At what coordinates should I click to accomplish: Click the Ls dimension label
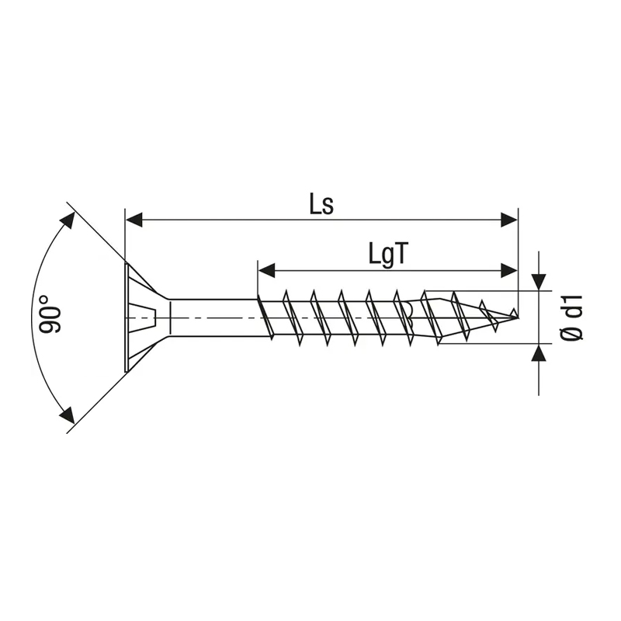[x=321, y=206]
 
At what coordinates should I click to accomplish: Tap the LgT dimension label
[x=387, y=254]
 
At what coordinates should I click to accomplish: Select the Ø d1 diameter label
[x=573, y=317]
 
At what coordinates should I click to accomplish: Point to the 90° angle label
[x=50, y=314]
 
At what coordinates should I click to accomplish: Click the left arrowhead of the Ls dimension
[x=134, y=220]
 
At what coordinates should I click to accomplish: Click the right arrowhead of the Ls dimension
[x=509, y=220]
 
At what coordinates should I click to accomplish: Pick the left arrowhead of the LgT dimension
[x=266, y=271]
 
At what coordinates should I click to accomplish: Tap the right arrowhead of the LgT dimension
[x=509, y=271]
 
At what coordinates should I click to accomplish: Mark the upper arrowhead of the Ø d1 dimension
[x=539, y=282]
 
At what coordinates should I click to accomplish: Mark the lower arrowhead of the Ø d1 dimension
[x=539, y=352]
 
